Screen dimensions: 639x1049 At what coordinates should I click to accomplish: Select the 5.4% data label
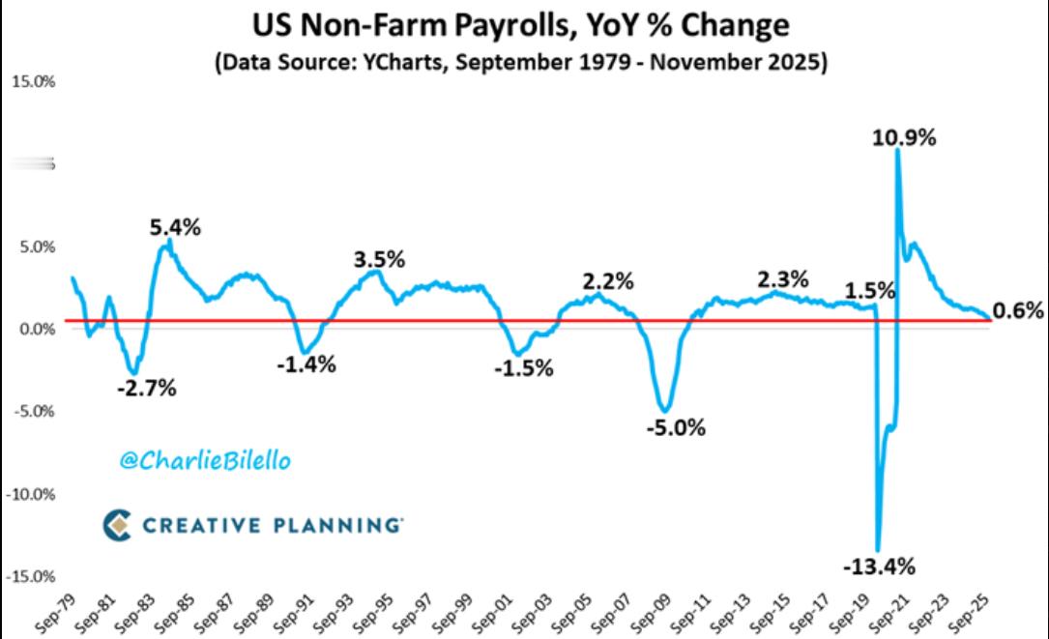click(175, 228)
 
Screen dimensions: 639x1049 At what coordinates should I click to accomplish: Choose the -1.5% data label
click(523, 368)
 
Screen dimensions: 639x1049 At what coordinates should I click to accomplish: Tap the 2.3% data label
click(783, 280)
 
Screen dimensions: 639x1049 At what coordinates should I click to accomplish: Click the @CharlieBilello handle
click(205, 461)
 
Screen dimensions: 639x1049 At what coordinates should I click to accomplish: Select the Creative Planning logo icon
click(116, 525)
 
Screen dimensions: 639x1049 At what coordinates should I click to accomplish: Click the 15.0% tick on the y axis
click(33, 81)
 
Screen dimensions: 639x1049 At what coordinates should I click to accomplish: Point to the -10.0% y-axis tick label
click(31, 494)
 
